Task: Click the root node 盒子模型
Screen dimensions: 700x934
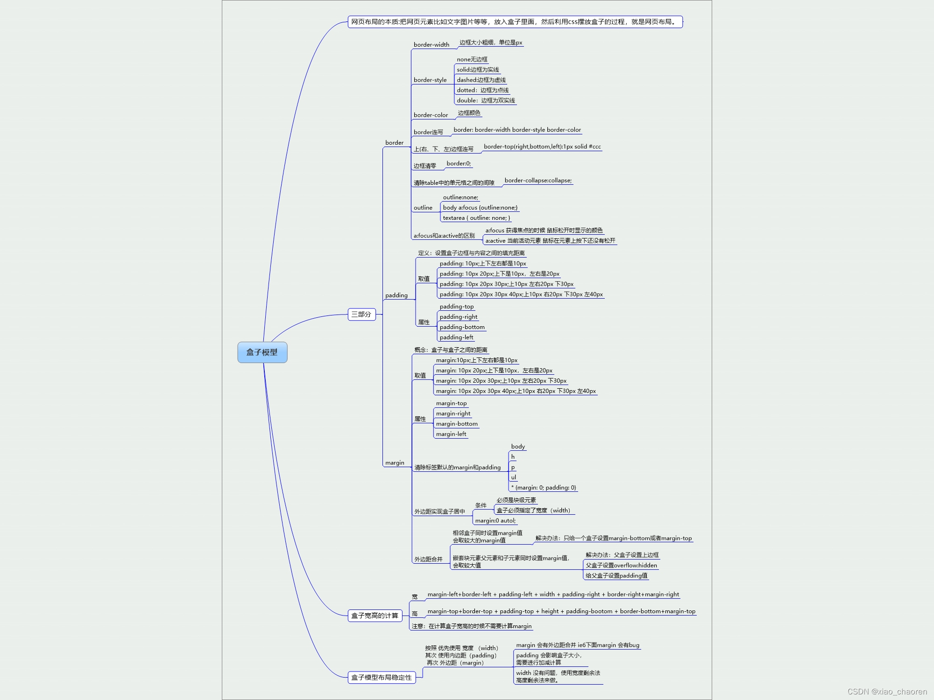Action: click(262, 352)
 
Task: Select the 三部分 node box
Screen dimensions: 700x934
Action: click(361, 315)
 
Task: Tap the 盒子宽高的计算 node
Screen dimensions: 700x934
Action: click(375, 616)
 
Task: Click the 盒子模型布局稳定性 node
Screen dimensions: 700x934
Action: click(382, 678)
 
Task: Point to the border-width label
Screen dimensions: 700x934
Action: click(431, 45)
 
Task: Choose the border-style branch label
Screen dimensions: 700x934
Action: click(430, 80)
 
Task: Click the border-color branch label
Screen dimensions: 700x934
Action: click(430, 115)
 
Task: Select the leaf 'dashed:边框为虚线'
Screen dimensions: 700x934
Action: click(481, 80)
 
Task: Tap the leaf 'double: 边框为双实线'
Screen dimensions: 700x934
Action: click(486, 101)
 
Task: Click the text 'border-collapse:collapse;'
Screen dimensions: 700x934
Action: click(538, 181)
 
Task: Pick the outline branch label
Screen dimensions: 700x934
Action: click(423, 208)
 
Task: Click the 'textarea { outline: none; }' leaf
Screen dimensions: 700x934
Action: click(476, 218)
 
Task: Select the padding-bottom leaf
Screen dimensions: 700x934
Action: click(462, 327)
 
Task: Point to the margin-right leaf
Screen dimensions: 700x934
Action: click(453, 413)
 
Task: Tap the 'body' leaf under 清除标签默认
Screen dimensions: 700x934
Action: click(518, 447)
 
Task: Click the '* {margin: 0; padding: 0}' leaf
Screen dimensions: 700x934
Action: click(544, 488)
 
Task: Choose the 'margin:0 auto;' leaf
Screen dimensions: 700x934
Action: click(495, 521)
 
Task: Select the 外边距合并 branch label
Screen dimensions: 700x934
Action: click(428, 559)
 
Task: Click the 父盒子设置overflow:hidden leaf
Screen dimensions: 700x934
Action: click(621, 566)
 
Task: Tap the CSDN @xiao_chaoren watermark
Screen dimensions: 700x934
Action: click(887, 692)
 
